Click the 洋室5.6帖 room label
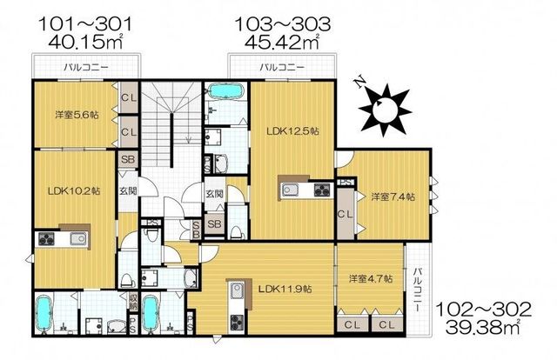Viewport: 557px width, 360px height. pos(77,115)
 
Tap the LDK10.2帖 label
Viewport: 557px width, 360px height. pos(74,191)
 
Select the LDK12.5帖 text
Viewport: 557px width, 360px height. pos(292,131)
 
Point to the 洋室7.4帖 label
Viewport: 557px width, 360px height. pos(393,197)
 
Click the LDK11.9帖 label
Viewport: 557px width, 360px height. pos(285,289)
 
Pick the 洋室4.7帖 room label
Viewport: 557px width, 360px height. pos(371,279)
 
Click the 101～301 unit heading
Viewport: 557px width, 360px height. pos(85,24)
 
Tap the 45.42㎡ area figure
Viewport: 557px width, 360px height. pos(281,42)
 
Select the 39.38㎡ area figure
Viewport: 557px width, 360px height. pos(483,326)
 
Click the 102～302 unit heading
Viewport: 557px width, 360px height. pos(483,310)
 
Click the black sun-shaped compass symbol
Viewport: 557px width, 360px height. pos(385,110)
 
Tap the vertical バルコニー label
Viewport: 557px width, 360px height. pos(418,290)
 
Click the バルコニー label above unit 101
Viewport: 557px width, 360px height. pos(86,67)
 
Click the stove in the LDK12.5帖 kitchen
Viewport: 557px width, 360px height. pos(322,190)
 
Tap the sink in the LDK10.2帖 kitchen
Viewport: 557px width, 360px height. pos(78,238)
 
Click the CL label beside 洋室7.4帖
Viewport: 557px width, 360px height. pos(345,214)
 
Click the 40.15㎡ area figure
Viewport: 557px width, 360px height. pos(85,42)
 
